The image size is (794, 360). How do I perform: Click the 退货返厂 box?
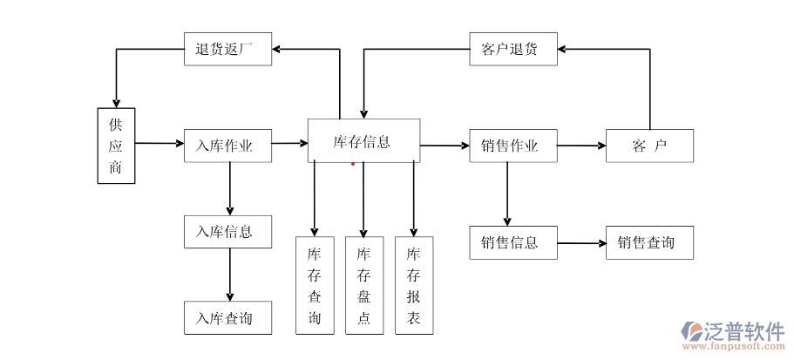tap(227, 49)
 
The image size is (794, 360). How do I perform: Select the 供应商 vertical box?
tap(116, 146)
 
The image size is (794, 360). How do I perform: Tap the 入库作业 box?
tap(227, 146)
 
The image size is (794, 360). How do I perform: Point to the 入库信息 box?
tap(227, 232)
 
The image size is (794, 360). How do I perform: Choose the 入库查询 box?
tap(227, 318)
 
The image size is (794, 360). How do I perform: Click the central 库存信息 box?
tap(363, 140)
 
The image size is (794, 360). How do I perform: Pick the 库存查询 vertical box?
tap(315, 285)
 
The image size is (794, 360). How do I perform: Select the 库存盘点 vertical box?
tap(364, 285)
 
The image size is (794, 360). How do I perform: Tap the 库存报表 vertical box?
tap(414, 285)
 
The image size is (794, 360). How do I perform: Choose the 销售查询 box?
tap(650, 242)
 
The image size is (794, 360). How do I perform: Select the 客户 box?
tap(650, 146)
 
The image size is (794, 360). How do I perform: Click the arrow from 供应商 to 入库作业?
tap(159, 143)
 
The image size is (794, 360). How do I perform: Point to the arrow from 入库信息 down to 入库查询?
tap(230, 275)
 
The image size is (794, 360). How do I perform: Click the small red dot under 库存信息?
tap(353, 163)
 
